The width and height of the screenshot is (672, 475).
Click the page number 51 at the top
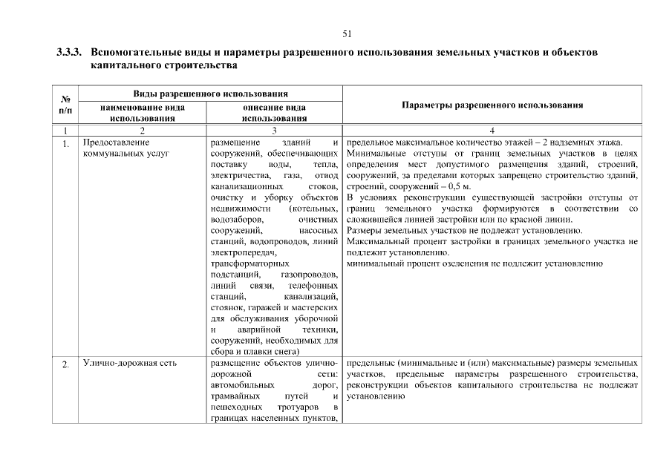[x=347, y=33]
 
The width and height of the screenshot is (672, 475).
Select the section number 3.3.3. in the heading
[x=70, y=53]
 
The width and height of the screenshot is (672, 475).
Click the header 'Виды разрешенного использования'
[x=210, y=94]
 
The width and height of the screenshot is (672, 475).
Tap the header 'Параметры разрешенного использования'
[x=492, y=105]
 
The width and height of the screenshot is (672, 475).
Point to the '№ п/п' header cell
[x=65, y=105]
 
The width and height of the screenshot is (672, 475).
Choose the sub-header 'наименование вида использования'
[x=142, y=112]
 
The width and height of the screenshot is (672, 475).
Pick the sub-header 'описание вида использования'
[x=274, y=112]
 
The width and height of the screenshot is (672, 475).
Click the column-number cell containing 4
[x=492, y=130]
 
